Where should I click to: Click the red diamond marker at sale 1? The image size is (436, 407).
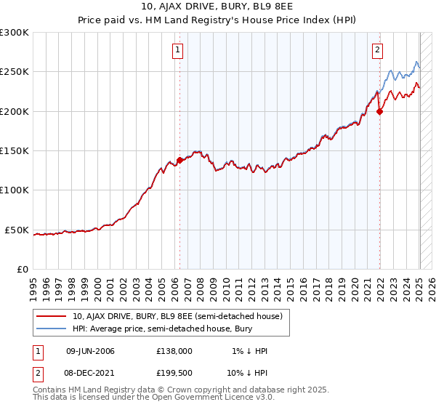pos(179,161)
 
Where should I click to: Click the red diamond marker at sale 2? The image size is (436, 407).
pos(379,112)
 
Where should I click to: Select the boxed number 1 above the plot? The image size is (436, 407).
pos(178,50)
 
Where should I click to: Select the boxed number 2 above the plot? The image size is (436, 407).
pos(378,50)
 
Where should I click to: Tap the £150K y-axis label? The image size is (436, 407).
pos(15,151)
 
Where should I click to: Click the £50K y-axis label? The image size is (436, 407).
pos(17,230)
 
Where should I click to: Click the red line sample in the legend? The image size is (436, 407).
pos(51,316)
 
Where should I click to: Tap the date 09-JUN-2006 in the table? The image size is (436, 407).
pos(90,351)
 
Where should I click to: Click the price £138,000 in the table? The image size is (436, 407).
pos(174,351)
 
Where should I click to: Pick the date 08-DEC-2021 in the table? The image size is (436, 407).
pos(90,372)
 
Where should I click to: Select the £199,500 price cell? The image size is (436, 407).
pos(174,372)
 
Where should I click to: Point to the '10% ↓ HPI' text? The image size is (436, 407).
pos(246,372)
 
